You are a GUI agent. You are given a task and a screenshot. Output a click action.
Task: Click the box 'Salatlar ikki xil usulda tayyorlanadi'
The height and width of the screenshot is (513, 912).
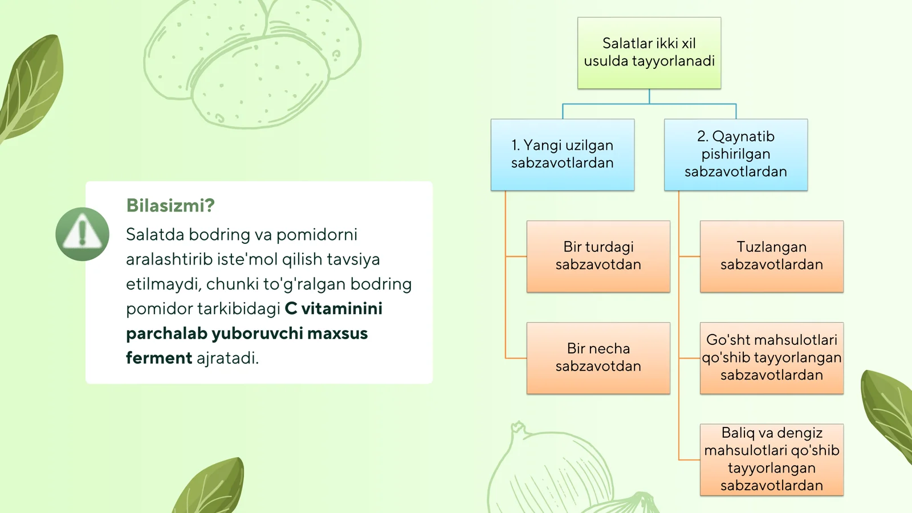click(x=649, y=53)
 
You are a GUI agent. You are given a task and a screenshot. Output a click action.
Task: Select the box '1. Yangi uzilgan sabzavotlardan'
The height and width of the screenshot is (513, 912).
click(x=563, y=154)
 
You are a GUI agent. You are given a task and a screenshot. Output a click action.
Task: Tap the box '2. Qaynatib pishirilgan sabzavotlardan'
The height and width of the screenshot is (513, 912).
click(x=736, y=154)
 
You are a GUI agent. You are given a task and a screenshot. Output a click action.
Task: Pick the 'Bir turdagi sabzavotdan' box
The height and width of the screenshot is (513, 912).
click(x=598, y=256)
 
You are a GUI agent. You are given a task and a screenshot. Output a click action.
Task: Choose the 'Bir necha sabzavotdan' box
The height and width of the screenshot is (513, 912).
click(x=598, y=358)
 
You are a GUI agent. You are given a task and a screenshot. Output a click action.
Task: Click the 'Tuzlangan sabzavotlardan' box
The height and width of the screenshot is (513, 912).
click(x=772, y=256)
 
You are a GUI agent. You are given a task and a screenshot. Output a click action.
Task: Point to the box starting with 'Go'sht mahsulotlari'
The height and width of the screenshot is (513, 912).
click(x=772, y=358)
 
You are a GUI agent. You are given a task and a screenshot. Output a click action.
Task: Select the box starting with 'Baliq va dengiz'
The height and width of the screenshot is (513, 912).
click(x=772, y=459)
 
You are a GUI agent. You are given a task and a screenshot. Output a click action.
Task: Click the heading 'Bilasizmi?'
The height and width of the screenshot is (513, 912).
click(x=170, y=205)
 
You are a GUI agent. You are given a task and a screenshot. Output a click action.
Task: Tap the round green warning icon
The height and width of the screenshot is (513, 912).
click(x=83, y=234)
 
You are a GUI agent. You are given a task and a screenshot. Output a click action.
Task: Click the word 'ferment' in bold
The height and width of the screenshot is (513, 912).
click(x=158, y=358)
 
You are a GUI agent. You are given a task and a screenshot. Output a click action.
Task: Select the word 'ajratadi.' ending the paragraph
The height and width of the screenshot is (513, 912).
click(x=227, y=358)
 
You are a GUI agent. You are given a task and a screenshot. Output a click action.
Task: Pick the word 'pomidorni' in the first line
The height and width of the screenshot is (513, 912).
click(x=317, y=234)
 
